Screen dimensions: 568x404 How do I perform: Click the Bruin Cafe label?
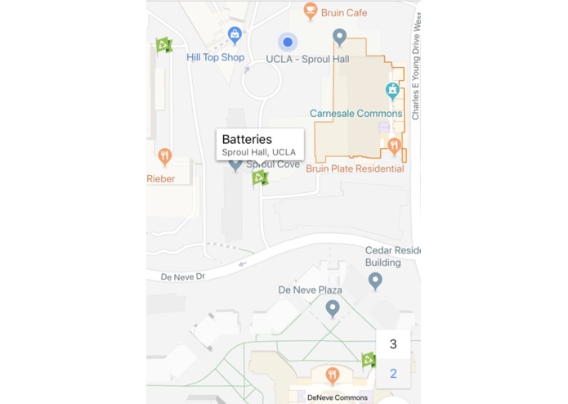coord(346,13)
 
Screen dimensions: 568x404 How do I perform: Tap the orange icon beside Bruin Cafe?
coord(310,11)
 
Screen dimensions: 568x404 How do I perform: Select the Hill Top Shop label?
coord(215,57)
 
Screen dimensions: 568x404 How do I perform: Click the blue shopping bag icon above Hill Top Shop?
coord(235,34)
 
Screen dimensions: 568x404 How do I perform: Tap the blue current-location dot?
coord(287,42)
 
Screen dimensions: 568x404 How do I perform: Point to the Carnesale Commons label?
coord(356,114)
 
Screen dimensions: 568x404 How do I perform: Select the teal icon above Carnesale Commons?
coord(392,89)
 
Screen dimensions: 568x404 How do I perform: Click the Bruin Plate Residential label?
coord(355,168)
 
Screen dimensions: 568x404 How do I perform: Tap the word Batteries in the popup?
coord(247,140)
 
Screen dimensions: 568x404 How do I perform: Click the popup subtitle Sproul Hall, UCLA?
coord(259,153)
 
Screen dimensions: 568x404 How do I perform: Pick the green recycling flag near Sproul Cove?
coord(259,177)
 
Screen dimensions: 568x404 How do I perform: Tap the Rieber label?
coord(161,178)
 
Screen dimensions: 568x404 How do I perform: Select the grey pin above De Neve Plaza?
coord(332,307)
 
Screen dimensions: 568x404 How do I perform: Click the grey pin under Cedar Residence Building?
coord(375,281)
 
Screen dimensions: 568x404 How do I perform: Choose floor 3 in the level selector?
coord(393,344)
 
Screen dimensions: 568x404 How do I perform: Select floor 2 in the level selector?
coord(393,374)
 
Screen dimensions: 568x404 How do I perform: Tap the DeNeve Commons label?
coord(338,397)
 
